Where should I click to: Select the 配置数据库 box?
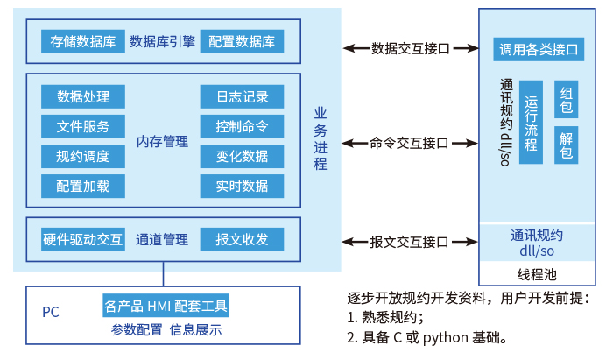pyautogui.click(x=243, y=41)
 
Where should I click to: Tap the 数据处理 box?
pyautogui.click(x=82, y=96)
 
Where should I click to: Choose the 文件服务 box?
pyautogui.click(x=82, y=126)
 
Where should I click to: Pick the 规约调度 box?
pyautogui.click(x=82, y=156)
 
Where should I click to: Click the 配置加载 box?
pyautogui.click(x=82, y=186)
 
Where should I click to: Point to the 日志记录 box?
pyautogui.click(x=242, y=96)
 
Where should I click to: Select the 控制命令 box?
pyautogui.click(x=242, y=126)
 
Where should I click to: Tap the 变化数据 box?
pyautogui.click(x=242, y=156)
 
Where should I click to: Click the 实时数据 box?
pyautogui.click(x=242, y=186)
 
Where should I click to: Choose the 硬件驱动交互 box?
pyautogui.click(x=82, y=239)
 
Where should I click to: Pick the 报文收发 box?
pyautogui.click(x=242, y=239)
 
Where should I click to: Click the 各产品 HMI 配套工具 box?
pyautogui.click(x=166, y=306)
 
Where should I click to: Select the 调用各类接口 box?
pyautogui.click(x=539, y=49)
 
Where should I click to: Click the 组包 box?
pyautogui.click(x=566, y=100)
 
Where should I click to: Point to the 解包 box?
pyautogui.click(x=566, y=145)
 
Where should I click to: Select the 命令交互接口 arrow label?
pyautogui.click(x=409, y=143)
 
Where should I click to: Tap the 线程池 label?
pyautogui.click(x=537, y=273)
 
